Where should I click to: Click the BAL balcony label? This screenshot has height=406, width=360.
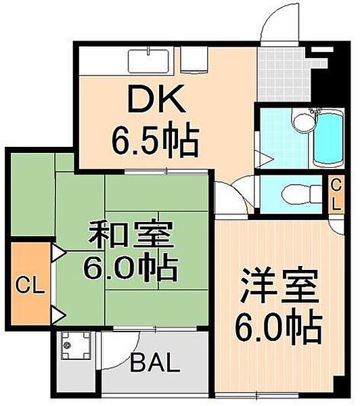click(x=155, y=365)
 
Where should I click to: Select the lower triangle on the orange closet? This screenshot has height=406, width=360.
click(x=58, y=313)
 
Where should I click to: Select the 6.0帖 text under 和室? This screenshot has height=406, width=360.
click(x=130, y=269)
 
